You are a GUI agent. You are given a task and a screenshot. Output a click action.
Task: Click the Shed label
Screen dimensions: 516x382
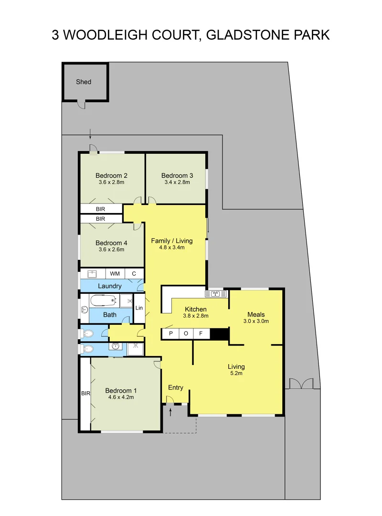point(84,82)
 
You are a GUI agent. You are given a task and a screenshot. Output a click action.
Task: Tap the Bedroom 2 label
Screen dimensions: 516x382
point(111,175)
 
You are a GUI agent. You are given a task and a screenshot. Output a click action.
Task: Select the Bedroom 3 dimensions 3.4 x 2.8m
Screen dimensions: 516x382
point(177,182)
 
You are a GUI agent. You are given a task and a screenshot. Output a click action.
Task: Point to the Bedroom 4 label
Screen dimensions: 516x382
point(111,243)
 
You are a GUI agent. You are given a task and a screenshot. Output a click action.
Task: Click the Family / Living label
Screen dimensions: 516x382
point(172,241)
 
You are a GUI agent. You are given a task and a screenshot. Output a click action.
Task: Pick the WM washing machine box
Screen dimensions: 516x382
point(115,273)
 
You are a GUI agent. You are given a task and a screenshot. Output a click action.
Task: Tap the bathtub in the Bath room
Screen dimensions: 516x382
point(103,301)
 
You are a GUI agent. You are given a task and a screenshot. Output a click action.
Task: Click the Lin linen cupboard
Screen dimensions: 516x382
point(139,308)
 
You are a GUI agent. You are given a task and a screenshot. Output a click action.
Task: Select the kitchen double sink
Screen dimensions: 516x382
point(215,293)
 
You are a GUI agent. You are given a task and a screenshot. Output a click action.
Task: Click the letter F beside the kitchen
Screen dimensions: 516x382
point(201,333)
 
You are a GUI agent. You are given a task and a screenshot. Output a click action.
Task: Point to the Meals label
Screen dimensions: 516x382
point(256,314)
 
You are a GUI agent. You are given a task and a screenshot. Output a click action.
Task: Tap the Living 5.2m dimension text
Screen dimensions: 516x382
point(236,374)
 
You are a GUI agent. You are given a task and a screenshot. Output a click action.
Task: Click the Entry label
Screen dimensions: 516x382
point(176,387)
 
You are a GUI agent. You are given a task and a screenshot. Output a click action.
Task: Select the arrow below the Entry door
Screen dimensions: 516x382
point(170,412)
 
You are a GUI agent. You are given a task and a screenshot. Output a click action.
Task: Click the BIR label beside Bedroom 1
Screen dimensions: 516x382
point(85,394)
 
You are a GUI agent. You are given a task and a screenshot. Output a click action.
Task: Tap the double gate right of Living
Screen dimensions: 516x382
point(301,384)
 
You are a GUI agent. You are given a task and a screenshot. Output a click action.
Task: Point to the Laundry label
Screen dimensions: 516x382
point(110,286)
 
